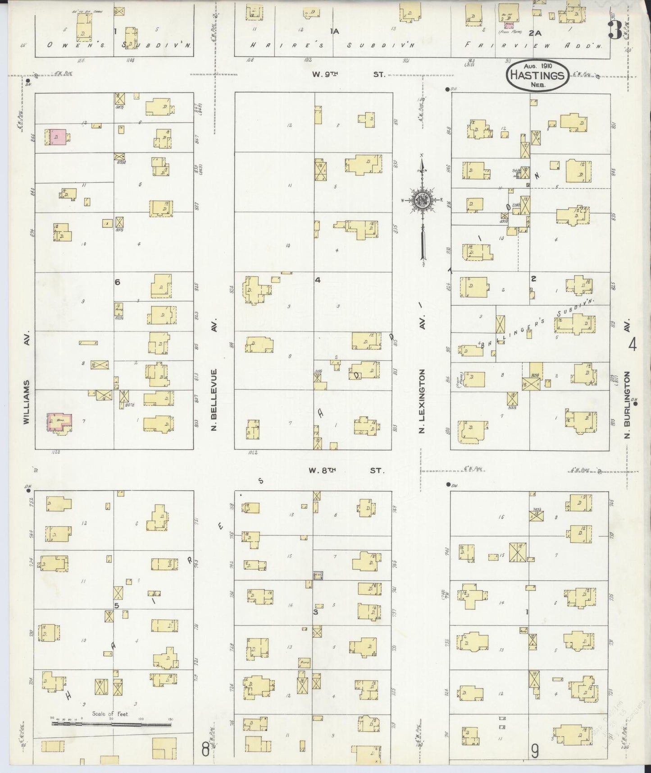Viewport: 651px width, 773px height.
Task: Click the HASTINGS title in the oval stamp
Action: click(537, 75)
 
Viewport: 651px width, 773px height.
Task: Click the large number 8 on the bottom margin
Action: click(205, 750)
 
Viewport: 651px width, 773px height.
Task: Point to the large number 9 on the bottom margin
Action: click(535, 751)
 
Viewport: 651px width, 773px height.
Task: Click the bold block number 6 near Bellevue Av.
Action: click(118, 282)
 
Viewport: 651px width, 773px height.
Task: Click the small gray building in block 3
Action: click(318, 575)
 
